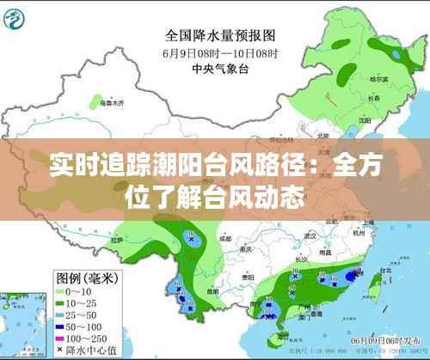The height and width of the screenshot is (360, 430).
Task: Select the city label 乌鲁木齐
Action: point(111,102)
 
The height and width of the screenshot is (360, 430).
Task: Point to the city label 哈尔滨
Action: point(378,78)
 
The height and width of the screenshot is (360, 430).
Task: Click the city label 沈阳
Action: point(365,119)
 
